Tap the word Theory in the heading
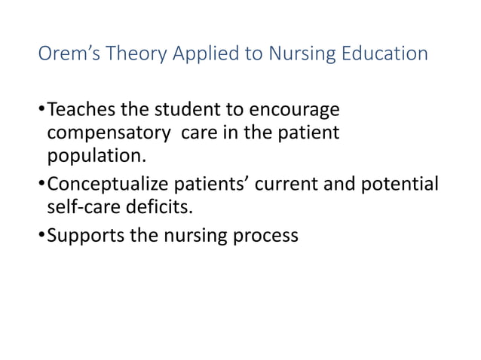tap(130, 55)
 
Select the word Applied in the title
tap(196, 55)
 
